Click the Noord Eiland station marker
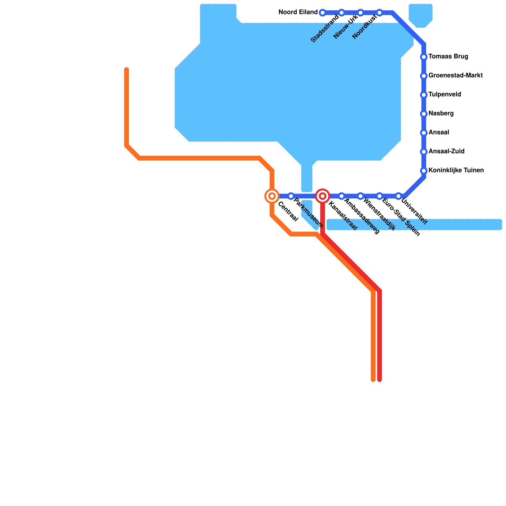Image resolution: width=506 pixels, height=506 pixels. point(323,13)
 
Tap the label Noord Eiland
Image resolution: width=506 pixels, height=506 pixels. point(298,12)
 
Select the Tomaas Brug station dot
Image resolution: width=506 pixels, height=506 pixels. point(424,57)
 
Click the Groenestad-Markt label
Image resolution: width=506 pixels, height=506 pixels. point(455,76)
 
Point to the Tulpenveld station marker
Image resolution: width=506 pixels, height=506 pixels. point(424,95)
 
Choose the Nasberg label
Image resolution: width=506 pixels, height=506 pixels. point(441,114)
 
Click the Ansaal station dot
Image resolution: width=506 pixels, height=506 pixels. point(424,133)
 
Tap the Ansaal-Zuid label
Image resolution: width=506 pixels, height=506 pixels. point(446,151)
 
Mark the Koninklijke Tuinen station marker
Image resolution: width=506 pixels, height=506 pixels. point(424,171)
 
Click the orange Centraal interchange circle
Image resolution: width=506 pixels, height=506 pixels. point(272,196)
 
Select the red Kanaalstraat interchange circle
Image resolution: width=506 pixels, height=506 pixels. point(323,196)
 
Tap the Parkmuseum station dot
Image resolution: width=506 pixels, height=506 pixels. point(291,196)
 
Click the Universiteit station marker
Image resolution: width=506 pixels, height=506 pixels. point(398,196)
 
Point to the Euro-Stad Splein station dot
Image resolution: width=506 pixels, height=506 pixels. point(379,196)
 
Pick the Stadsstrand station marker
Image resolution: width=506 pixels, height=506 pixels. point(342,13)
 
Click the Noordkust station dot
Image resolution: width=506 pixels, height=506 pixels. point(379,13)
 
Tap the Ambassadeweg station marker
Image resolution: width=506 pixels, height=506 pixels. point(342,196)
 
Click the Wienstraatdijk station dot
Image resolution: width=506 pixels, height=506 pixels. point(361,196)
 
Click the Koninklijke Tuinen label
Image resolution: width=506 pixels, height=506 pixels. point(456,170)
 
